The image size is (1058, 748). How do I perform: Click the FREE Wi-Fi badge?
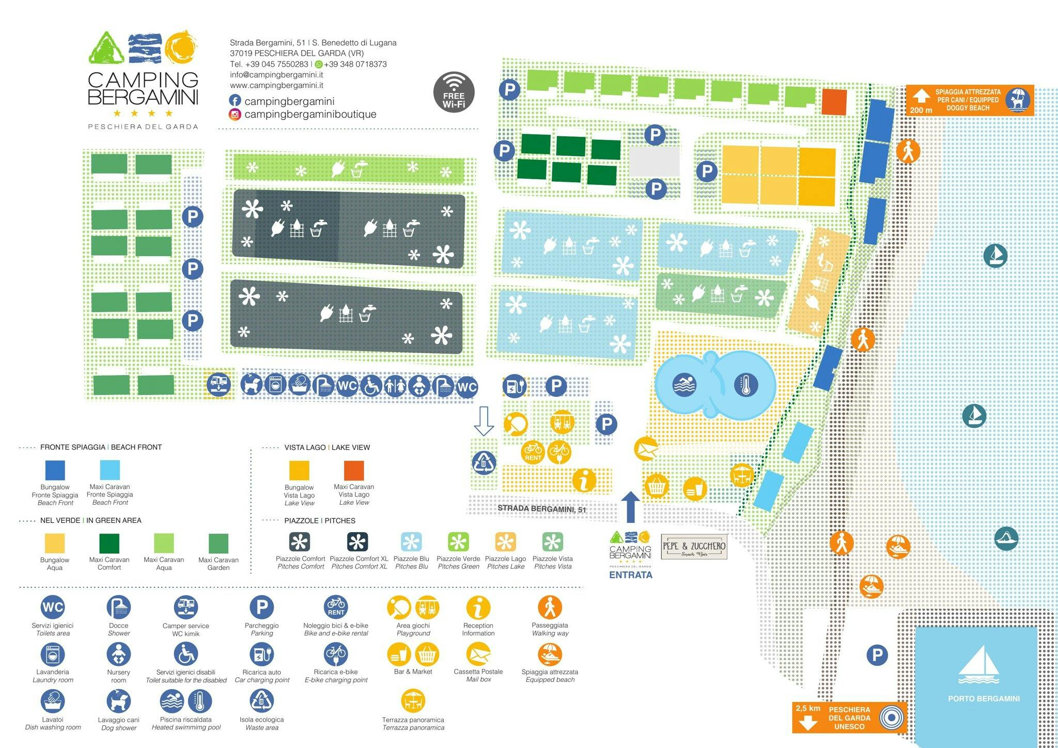[454, 91]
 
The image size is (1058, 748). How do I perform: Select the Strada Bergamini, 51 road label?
[541, 509]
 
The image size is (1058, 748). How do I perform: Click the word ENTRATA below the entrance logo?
[630, 574]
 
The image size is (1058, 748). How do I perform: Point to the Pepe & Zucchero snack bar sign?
[694, 547]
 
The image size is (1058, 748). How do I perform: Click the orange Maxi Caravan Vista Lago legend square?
[354, 471]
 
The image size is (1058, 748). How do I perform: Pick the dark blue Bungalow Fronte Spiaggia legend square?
[55, 471]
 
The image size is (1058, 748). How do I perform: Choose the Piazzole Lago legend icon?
[505, 542]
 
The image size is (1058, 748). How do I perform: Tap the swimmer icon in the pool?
[684, 385]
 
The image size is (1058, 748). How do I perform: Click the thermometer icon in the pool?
[745, 385]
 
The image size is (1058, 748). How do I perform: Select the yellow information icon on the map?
[584, 480]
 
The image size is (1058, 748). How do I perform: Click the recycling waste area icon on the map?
[484, 462]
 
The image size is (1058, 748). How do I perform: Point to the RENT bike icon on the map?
[533, 451]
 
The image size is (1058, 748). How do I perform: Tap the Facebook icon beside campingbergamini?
[235, 101]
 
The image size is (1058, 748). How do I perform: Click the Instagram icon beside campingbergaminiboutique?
[235, 114]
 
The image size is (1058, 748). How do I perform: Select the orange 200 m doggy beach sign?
[970, 100]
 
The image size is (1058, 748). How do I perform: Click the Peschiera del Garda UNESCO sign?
[849, 718]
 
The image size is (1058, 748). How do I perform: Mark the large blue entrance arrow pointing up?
[630, 507]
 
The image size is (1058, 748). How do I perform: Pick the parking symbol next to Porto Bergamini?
[877, 656]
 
